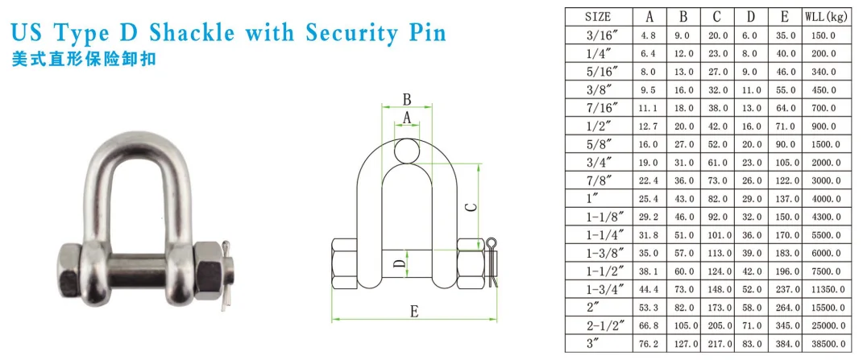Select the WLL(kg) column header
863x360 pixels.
click(828, 15)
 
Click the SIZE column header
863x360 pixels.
click(597, 15)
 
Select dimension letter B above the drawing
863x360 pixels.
click(407, 100)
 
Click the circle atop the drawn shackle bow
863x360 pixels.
click(408, 150)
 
